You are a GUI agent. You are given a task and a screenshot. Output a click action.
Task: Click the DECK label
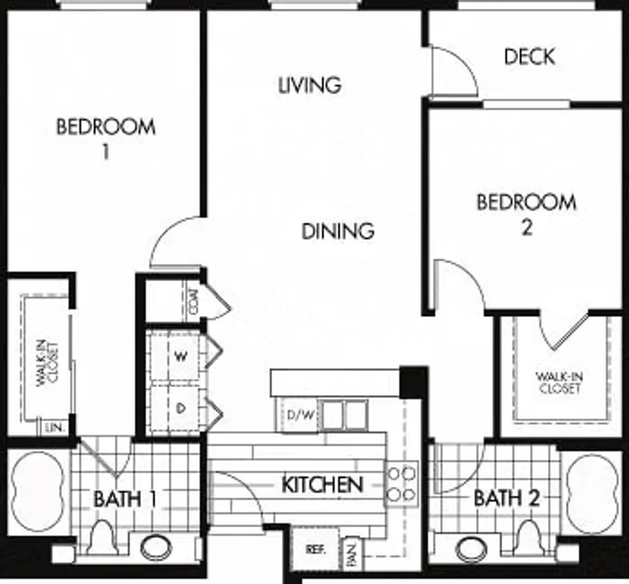529,56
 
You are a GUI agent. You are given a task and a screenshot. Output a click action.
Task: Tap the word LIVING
310,85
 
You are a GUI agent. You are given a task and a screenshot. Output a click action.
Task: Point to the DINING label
338,231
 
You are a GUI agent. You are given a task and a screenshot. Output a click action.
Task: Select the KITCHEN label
322,485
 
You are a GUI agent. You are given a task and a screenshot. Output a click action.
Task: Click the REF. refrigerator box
315,549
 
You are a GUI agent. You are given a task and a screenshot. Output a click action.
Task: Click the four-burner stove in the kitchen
401,484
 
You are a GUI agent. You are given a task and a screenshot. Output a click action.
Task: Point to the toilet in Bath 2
529,536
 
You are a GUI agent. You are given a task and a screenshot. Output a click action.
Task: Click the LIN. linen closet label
55,428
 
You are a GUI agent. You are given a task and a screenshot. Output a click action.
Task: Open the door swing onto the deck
454,71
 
